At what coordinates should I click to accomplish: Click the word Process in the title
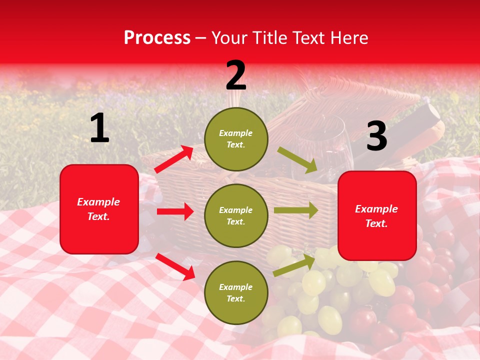(x=157, y=38)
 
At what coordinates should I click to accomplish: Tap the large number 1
(x=99, y=128)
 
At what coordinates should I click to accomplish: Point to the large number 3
(x=376, y=136)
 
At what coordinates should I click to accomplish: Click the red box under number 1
(x=99, y=209)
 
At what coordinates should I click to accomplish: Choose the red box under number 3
(x=377, y=215)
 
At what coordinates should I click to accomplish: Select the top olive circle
(x=236, y=139)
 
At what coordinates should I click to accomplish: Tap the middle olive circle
(x=236, y=215)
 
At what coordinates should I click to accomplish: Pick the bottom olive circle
(x=236, y=292)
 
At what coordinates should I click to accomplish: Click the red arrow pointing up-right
(x=174, y=159)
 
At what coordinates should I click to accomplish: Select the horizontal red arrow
(x=175, y=211)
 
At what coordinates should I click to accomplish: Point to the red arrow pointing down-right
(x=175, y=266)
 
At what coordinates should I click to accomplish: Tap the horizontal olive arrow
(x=295, y=210)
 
